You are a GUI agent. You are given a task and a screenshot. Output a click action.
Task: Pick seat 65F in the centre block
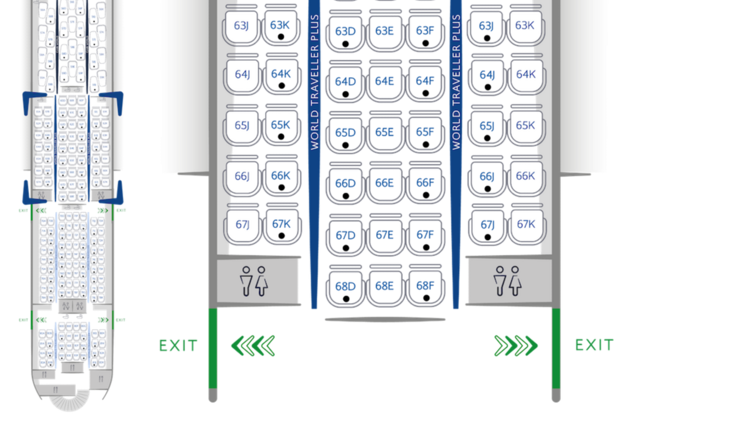coord(425,131)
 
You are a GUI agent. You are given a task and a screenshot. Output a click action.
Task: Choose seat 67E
coord(385,234)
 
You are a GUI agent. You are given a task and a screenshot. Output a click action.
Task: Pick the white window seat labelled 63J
coord(241,25)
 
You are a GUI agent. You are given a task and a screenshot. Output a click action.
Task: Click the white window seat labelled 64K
coord(526,74)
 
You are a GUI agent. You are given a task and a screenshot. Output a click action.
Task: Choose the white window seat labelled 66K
coord(526,176)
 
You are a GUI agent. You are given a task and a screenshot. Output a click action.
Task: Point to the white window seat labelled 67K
coord(526,224)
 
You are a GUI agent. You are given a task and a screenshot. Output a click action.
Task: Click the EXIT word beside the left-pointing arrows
coord(178,345)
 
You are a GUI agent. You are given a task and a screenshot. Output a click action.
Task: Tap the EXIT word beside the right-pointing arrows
coord(593,345)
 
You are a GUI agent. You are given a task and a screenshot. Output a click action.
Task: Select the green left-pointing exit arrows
coord(253,345)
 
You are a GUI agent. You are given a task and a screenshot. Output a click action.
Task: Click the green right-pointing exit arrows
coord(516,345)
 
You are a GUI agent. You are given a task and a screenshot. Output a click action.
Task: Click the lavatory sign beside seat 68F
coord(508,281)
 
